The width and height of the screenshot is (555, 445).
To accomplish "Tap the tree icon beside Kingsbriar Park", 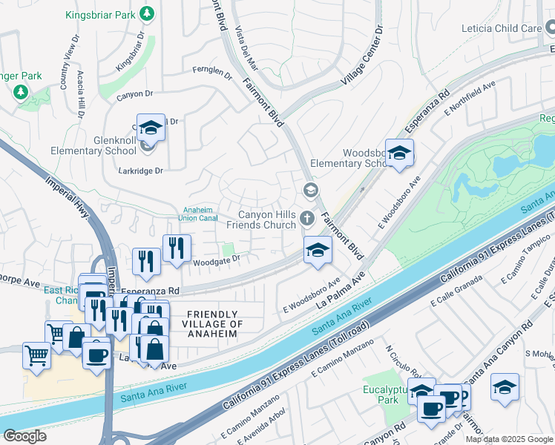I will (148, 13).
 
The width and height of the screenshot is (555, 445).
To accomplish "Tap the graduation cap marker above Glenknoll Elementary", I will (151, 128).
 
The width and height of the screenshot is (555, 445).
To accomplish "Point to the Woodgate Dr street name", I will (217, 260).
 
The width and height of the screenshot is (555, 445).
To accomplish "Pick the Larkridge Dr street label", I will (140, 170).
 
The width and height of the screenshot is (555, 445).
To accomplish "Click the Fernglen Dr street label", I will (211, 74).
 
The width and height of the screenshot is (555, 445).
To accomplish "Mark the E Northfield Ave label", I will (470, 99).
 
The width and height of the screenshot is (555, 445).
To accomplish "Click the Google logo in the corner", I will (25, 436).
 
